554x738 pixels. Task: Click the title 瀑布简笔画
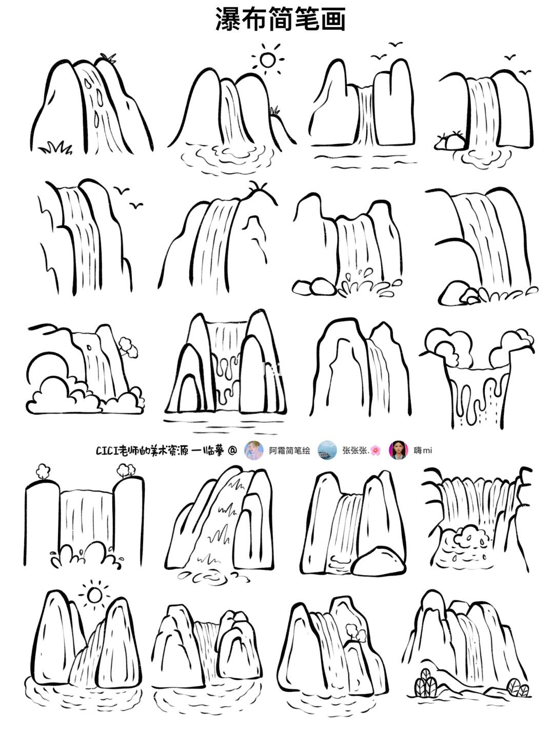click(280, 19)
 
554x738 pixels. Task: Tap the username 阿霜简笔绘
click(290, 450)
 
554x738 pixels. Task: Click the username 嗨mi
click(423, 450)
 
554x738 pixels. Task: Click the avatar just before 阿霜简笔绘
click(254, 450)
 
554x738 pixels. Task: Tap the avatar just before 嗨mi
click(399, 450)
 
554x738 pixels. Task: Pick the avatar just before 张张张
click(327, 450)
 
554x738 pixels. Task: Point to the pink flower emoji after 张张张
click(376, 450)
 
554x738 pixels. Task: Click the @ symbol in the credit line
click(232, 450)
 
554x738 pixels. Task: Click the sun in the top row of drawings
click(267, 60)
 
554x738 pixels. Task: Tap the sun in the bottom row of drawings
click(94, 595)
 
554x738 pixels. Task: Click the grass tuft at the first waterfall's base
click(55, 147)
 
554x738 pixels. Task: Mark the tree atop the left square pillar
click(43, 470)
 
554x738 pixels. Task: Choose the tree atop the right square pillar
click(126, 470)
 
